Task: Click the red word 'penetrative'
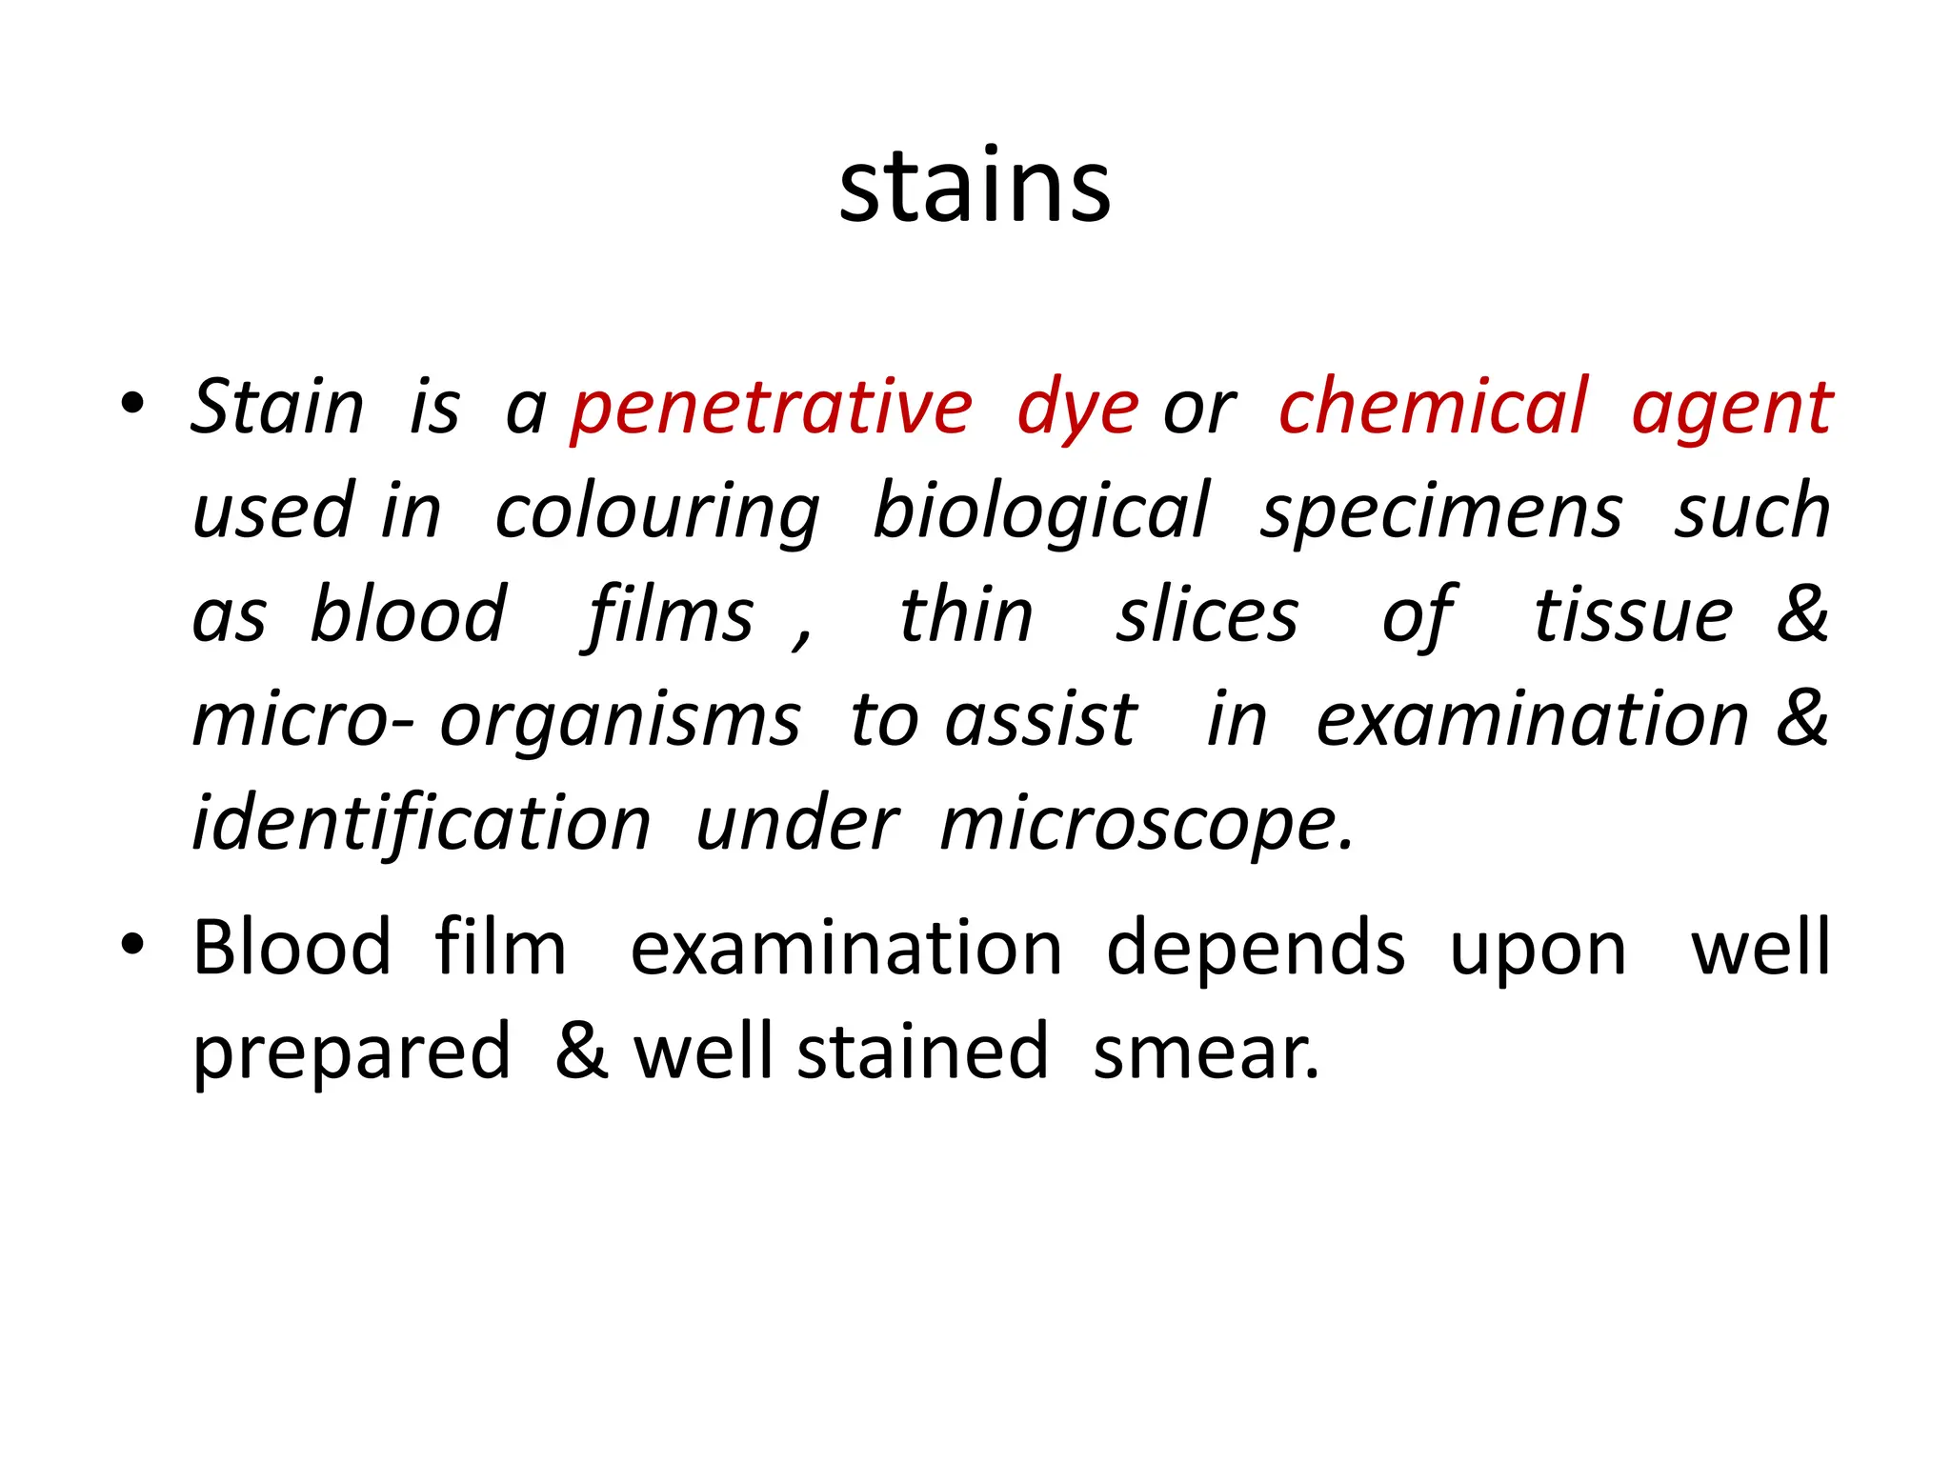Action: (772, 408)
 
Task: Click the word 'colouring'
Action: (657, 512)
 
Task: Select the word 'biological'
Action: (1041, 512)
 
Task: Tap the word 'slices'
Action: (1207, 615)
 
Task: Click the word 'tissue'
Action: (1633, 615)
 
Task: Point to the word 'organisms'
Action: (620, 721)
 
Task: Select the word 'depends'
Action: (1256, 950)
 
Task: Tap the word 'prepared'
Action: (352, 1054)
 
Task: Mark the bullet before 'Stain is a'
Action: (132, 403)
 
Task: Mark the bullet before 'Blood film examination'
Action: (132, 944)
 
